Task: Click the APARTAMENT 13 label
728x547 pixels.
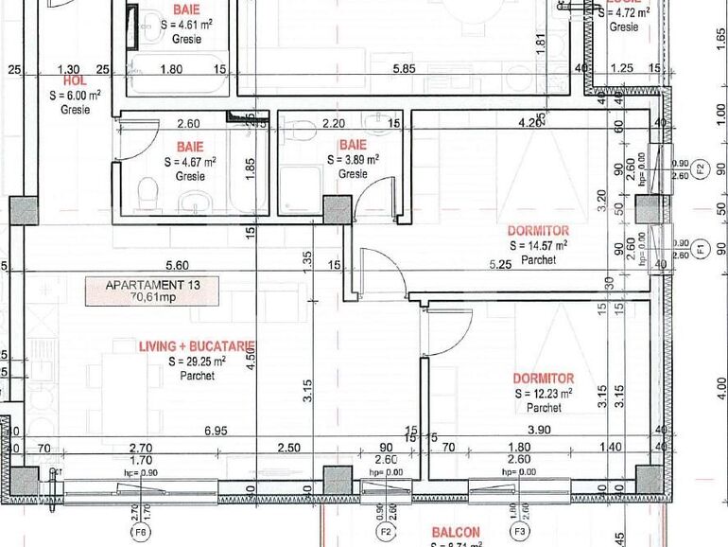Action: (x=147, y=284)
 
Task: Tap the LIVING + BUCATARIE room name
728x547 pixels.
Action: (x=197, y=347)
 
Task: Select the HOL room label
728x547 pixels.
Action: (x=75, y=81)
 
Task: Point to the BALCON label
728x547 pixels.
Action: (x=456, y=533)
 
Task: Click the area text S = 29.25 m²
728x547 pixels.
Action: (x=197, y=362)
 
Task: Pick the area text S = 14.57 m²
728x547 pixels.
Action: (x=538, y=245)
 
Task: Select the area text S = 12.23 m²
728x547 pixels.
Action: (x=544, y=393)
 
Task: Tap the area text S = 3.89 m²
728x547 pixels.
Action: (x=353, y=160)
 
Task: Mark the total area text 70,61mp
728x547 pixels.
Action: (x=147, y=296)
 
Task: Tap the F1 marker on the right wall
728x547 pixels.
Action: (x=701, y=250)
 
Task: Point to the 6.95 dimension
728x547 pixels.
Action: (x=216, y=431)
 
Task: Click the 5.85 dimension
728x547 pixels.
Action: (x=404, y=69)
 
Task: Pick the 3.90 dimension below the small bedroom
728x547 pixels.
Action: (x=538, y=431)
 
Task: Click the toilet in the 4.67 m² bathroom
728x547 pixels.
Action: (x=147, y=193)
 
